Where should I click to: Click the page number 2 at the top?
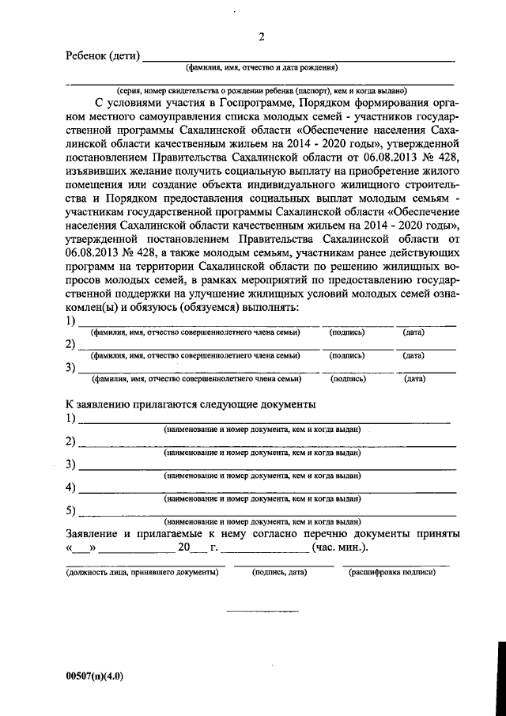pos(262,38)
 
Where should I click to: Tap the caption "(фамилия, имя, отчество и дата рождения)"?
pos(262,68)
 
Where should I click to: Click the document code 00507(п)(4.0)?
pos(95,676)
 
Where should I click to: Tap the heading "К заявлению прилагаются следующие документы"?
pos(191,404)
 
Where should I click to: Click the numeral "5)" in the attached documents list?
pos(71,510)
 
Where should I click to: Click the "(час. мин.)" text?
pos(340,548)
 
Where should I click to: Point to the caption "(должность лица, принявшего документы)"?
pos(142,571)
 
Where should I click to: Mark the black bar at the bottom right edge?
pos(500,672)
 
